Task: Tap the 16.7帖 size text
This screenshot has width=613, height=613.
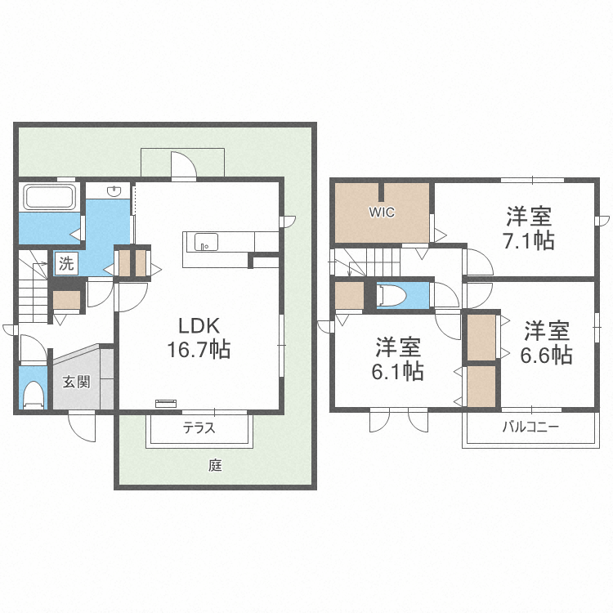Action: coord(199,351)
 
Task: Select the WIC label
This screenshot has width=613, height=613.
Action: coord(382,213)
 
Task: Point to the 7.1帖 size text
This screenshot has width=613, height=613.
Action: coord(529,242)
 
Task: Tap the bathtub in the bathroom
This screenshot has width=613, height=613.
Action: coord(50,197)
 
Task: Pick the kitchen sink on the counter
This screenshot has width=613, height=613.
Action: coord(204,242)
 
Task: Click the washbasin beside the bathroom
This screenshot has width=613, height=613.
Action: coord(114,192)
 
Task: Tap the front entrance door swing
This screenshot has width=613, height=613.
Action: coord(82,424)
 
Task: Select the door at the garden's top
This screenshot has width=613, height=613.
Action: coord(183,166)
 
